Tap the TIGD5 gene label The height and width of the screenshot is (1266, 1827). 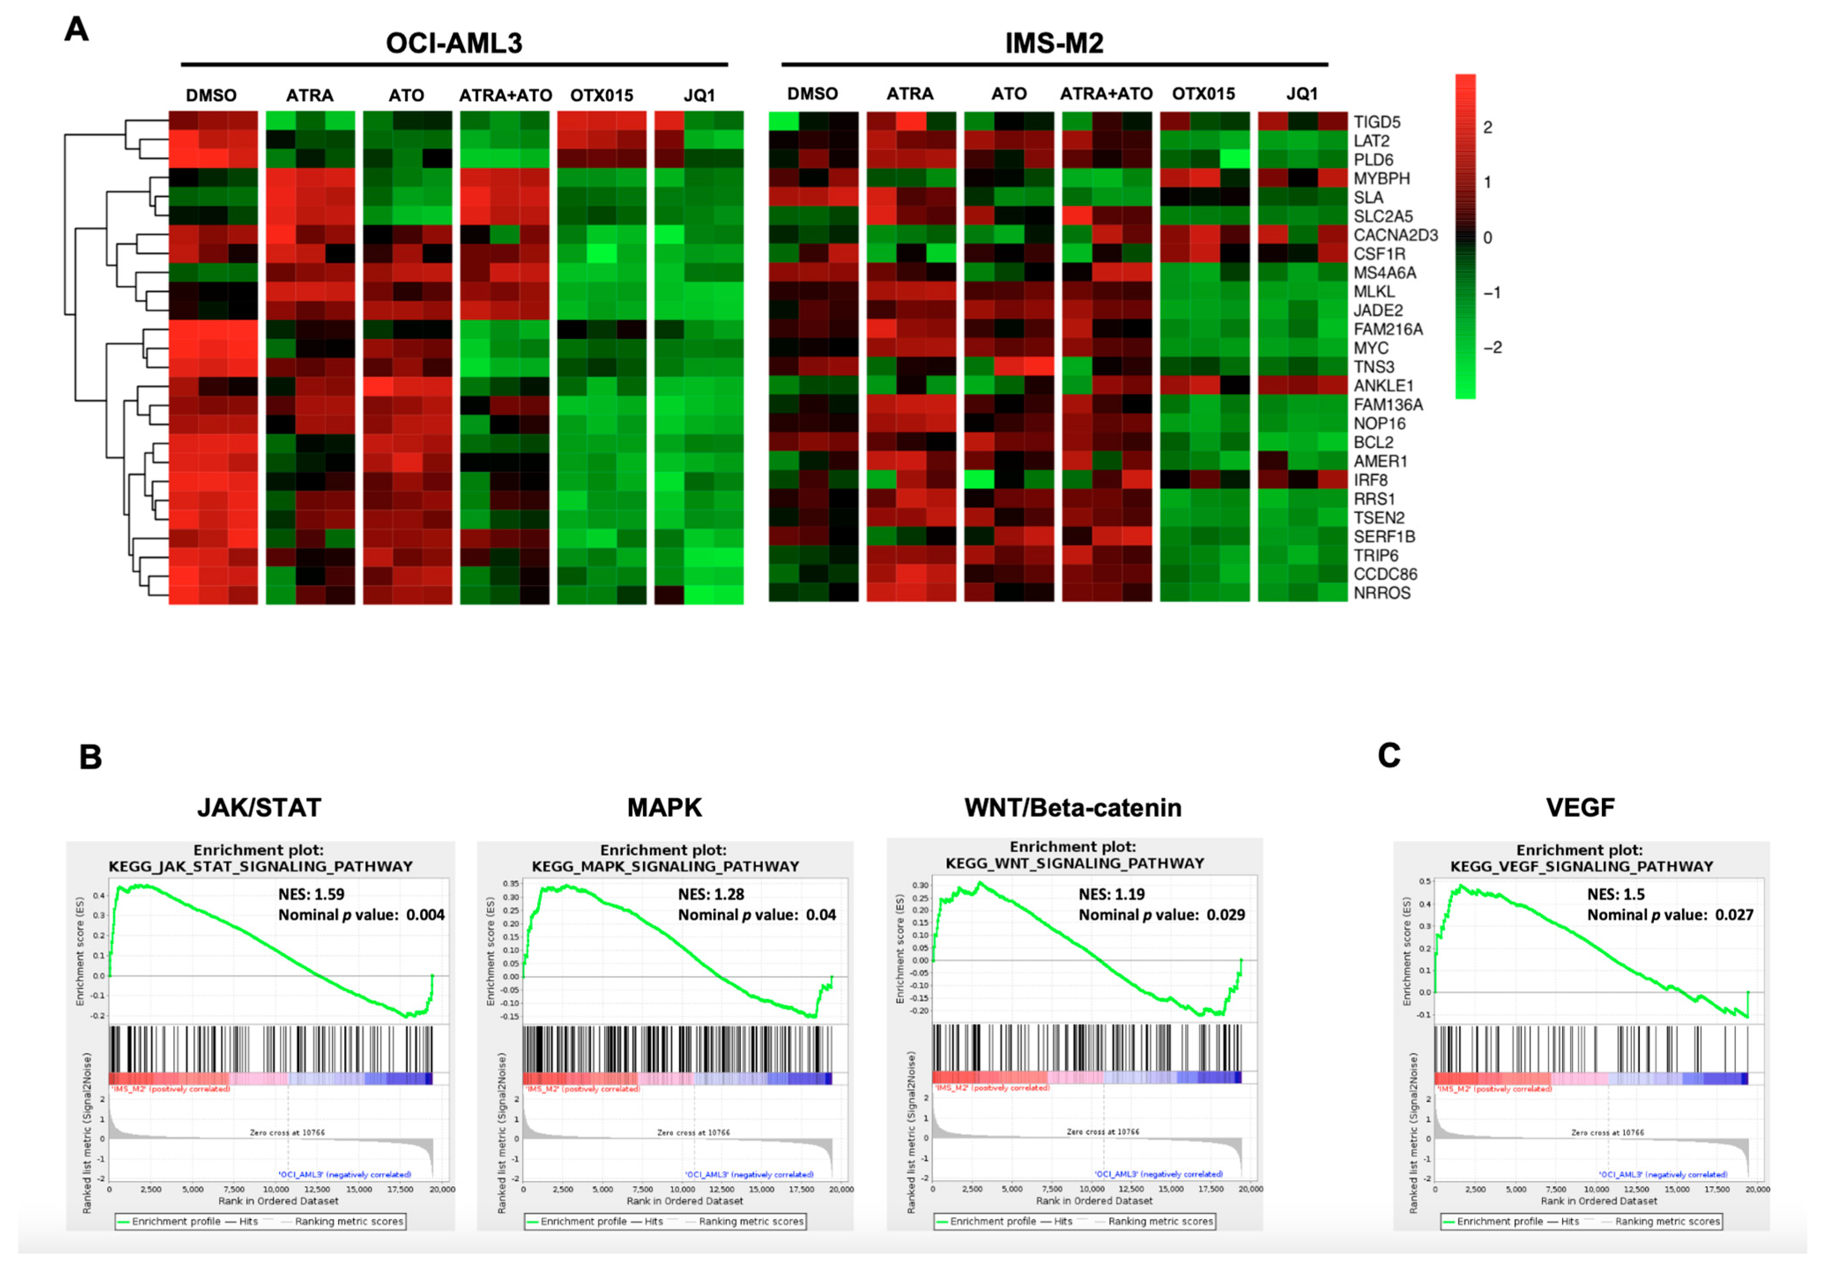point(1376,122)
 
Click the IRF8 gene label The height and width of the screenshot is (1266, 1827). point(1370,480)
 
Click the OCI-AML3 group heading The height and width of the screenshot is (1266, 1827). point(454,43)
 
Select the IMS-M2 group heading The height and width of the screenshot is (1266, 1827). point(1054,43)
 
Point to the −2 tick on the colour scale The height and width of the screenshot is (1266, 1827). point(1492,348)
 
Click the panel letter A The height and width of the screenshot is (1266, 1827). point(76,30)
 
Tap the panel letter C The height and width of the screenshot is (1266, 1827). point(1388,755)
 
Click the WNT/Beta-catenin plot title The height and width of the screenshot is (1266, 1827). point(1073,807)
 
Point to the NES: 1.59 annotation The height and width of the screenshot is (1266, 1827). point(311,894)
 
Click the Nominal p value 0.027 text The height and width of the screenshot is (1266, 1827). point(1670,914)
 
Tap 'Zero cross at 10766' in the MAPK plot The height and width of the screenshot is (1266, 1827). point(693,1133)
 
